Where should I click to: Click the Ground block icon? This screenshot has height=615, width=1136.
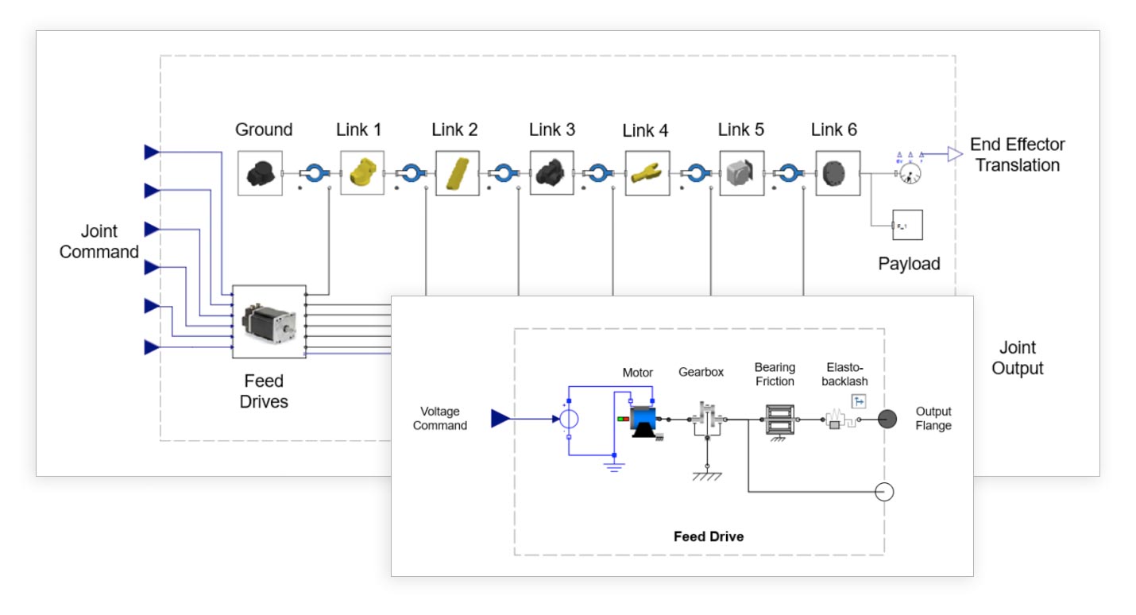(x=260, y=172)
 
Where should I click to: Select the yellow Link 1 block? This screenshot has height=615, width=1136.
(x=362, y=172)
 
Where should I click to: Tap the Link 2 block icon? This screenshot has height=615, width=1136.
(x=457, y=172)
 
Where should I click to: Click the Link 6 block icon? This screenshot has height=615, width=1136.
(x=837, y=172)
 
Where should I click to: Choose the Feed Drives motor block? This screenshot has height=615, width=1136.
(x=269, y=322)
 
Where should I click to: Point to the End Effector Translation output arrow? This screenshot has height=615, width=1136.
(x=953, y=155)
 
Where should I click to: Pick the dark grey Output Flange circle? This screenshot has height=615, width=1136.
(x=887, y=419)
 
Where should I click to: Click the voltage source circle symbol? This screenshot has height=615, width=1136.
(x=569, y=418)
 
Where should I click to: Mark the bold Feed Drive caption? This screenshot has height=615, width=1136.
(x=709, y=536)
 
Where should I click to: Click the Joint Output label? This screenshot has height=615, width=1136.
(x=1017, y=358)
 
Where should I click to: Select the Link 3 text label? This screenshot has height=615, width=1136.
(x=552, y=130)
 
